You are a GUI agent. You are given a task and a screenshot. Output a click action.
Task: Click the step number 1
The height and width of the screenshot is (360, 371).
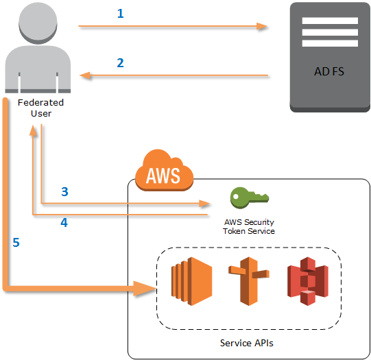120,13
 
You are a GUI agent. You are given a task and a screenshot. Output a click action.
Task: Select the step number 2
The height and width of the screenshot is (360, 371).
120,62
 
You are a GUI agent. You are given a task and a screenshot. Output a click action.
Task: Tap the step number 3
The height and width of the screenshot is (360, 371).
64,192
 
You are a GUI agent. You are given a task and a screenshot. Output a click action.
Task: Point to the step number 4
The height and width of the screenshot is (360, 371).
64,222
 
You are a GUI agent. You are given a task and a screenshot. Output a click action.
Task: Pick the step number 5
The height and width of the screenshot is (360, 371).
15,243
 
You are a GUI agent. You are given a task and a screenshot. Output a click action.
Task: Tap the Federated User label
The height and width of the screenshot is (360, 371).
40,108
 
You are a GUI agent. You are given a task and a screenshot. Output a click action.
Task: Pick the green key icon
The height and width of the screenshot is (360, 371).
248,197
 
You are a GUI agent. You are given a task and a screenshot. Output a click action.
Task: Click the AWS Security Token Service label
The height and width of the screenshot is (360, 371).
249,226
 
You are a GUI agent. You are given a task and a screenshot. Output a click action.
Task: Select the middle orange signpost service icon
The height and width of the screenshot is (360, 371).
247,281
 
